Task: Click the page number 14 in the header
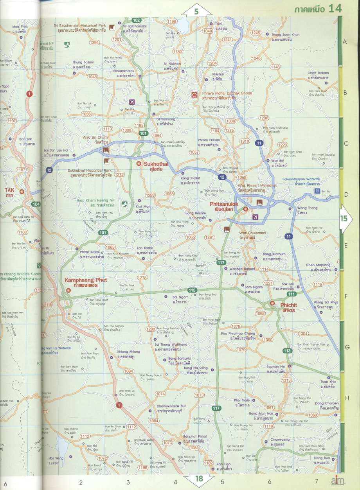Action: coord(335,8)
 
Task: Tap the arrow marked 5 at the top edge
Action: coord(196,12)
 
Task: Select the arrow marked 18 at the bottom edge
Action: coord(199,479)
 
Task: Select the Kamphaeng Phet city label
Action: coord(85,283)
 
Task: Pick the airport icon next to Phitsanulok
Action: coord(256,217)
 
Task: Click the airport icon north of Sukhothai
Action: coord(131,102)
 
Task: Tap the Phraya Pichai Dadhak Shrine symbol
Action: coord(194,95)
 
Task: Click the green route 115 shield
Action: coord(192,290)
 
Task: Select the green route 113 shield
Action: coord(288,351)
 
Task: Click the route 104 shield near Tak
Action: coord(36,204)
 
